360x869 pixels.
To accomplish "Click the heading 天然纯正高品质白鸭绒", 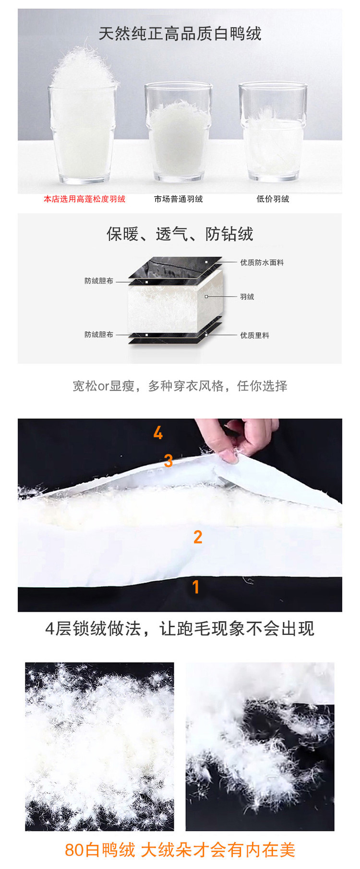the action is [x=180, y=34].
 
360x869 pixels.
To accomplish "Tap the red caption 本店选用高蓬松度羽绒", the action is [x=84, y=199].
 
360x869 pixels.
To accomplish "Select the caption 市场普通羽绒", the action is [x=179, y=199].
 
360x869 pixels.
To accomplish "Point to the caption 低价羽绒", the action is [x=273, y=199].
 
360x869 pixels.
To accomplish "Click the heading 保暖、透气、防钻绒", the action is [x=180, y=234].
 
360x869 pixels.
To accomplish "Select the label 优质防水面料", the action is [x=262, y=262].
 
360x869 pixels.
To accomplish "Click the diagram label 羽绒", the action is [x=247, y=297].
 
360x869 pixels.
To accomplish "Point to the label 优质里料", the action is [x=255, y=335].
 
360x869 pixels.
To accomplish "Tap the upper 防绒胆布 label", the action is [x=99, y=281].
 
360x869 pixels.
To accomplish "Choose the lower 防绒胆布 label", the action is [x=99, y=334].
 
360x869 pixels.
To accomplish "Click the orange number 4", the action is [x=158, y=433].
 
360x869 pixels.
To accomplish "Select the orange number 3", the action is [x=168, y=461].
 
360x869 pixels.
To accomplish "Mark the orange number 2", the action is [x=198, y=537].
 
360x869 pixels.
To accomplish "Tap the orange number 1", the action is [x=195, y=586].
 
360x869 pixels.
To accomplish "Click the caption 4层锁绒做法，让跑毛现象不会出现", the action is [x=180, y=628].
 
